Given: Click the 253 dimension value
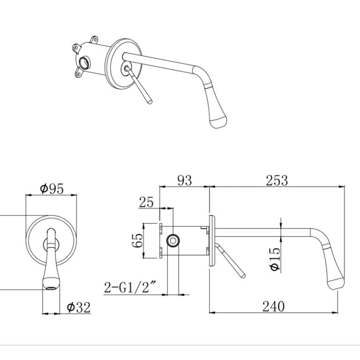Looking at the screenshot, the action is pos(277,180).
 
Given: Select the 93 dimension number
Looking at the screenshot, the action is pos(185,180).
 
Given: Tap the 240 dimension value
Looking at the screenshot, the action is pos(273,306).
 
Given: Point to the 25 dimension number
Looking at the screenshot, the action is pos(146,202).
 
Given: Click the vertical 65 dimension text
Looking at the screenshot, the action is pos(137,240).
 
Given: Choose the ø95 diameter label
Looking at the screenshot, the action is pos(52,189).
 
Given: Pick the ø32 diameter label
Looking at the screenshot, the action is pos(79,307).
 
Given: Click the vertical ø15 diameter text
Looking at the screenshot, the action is pos(275,259).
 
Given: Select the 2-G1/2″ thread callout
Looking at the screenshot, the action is pos(130,287).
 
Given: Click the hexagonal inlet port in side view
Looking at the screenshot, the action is pos(173,241).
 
